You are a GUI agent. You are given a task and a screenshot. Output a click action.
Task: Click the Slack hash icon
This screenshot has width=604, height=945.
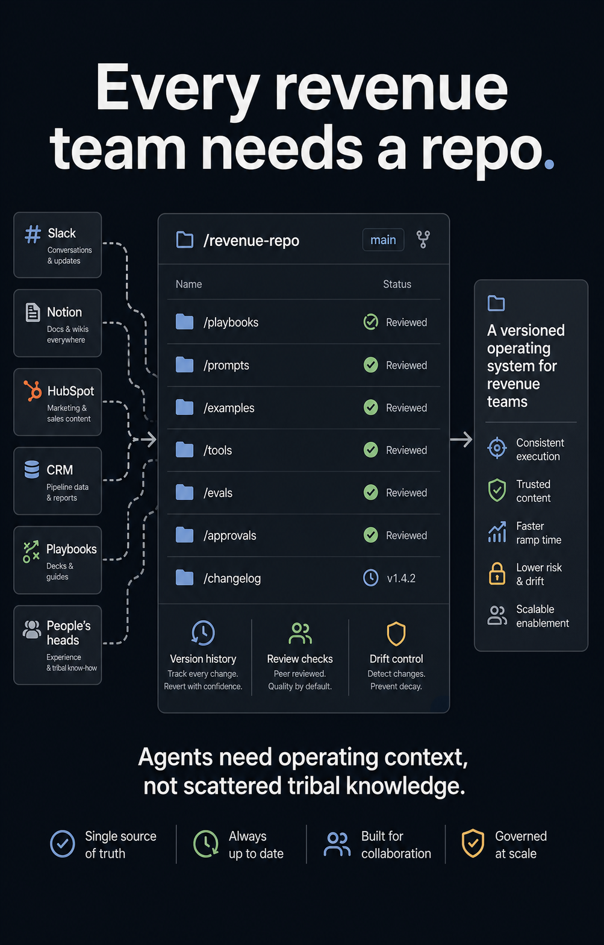tap(33, 234)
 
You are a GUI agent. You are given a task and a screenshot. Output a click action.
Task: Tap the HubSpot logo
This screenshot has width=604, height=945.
tap(33, 391)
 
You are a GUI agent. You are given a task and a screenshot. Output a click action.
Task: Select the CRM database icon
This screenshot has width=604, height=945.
tap(32, 469)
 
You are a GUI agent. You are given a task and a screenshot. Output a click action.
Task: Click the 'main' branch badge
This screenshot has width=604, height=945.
tap(383, 240)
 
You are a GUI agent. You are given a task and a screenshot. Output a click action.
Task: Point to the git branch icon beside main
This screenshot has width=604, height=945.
tap(423, 240)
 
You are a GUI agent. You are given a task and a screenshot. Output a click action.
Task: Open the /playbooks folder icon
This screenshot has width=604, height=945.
tap(184, 322)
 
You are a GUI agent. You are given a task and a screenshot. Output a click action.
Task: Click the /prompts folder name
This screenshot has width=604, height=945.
tap(226, 365)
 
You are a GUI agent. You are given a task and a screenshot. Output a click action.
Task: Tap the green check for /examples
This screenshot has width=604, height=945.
tap(371, 407)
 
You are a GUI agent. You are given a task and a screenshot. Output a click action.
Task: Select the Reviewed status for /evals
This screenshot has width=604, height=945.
tap(406, 493)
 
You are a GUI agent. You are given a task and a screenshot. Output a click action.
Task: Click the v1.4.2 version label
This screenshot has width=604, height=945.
tap(401, 578)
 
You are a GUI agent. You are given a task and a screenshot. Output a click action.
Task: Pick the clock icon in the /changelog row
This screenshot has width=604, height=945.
tap(371, 578)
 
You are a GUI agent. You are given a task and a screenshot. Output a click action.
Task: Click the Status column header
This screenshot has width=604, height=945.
tap(397, 284)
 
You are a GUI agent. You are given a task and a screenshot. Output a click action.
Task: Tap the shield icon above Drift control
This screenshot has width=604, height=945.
tap(396, 633)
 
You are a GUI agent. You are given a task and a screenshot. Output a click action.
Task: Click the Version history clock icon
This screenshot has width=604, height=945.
tap(203, 633)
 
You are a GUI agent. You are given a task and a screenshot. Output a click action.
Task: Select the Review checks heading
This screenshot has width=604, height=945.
tap(300, 659)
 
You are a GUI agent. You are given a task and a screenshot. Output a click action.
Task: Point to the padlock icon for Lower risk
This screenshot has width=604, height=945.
tap(497, 574)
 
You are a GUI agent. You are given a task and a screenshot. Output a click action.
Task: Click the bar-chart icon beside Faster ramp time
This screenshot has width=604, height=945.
tap(497, 532)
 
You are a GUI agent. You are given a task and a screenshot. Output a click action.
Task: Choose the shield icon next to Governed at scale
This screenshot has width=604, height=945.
tap(473, 843)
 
